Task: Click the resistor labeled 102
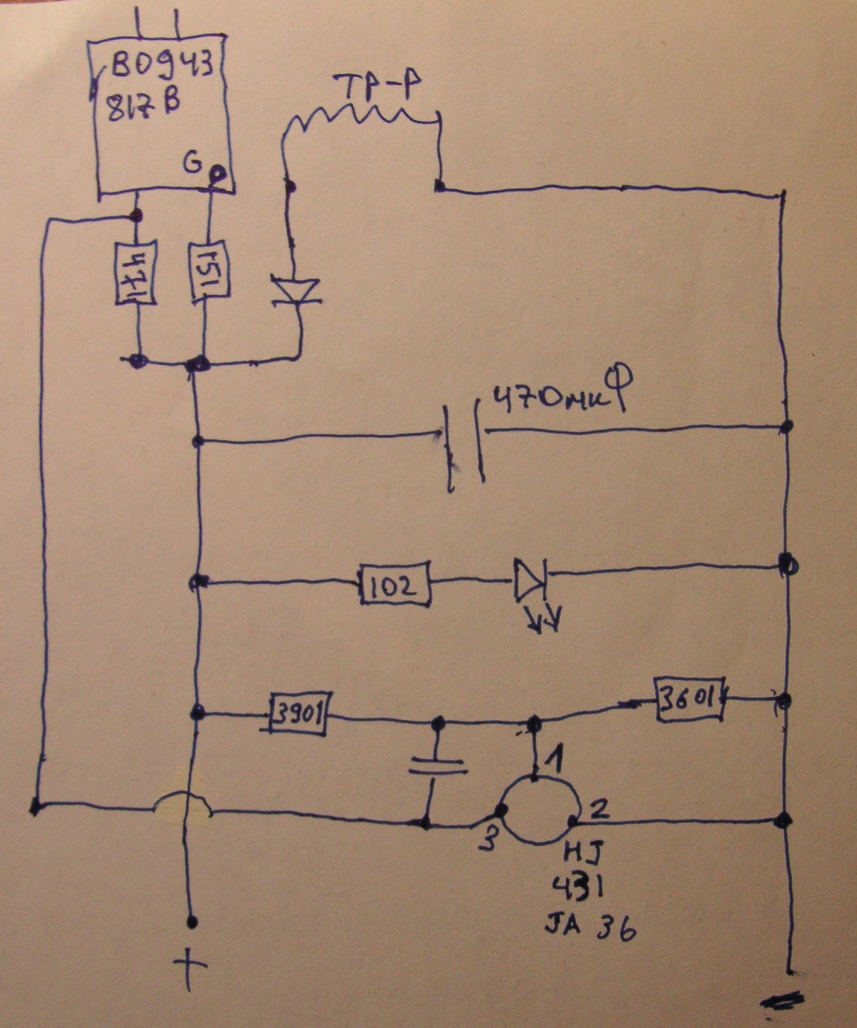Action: click(395, 583)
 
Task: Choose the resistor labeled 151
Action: click(209, 271)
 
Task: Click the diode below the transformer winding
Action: click(295, 291)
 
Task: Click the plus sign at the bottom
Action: click(190, 966)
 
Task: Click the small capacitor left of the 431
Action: click(437, 766)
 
